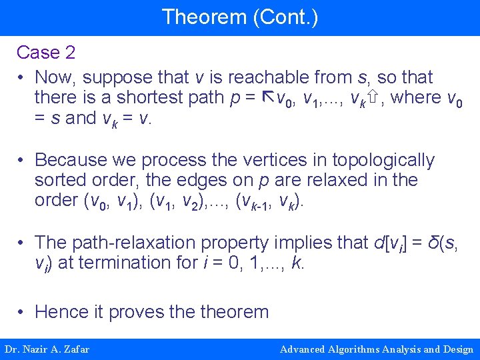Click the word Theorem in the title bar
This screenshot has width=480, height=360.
pos(204,17)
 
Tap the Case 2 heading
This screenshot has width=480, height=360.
pos(45,52)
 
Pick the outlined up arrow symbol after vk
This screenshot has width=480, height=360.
pos(373,98)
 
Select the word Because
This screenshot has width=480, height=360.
pos(73,160)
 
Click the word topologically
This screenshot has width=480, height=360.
pos(383,160)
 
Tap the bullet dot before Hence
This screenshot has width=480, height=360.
pos(22,312)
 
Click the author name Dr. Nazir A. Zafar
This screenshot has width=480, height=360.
pos(47,349)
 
